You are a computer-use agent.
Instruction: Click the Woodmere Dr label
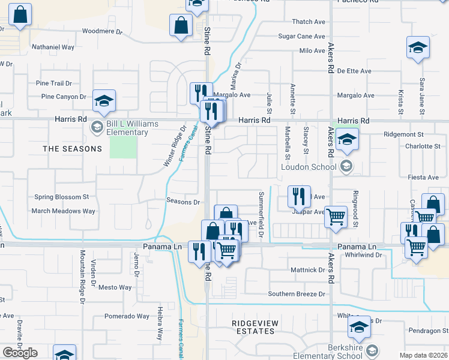tap(101, 31)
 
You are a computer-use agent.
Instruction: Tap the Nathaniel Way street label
tap(53, 47)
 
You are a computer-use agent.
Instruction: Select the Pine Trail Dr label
tap(54, 83)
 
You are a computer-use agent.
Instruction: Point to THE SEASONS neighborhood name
tap(72, 148)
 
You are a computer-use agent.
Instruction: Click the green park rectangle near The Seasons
tap(123, 147)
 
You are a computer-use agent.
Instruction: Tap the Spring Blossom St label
tap(61, 197)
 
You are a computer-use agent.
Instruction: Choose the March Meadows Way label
tap(64, 211)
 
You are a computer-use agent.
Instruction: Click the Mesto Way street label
tap(115, 287)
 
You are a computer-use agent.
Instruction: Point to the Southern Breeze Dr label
tap(297, 294)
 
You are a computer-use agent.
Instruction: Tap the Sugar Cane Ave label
tap(302, 37)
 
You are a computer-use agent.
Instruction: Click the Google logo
tap(20, 353)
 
